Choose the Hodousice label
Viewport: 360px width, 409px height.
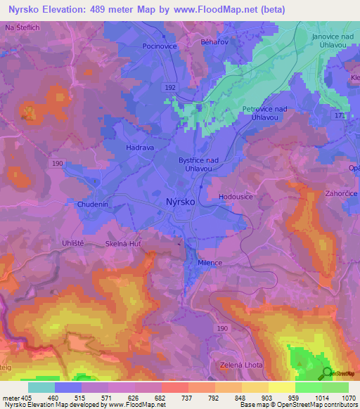tap(236, 197)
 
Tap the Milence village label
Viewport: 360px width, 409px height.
tap(210, 263)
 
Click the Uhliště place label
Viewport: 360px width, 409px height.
tap(73, 241)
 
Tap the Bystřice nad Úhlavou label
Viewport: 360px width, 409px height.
tap(198, 165)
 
